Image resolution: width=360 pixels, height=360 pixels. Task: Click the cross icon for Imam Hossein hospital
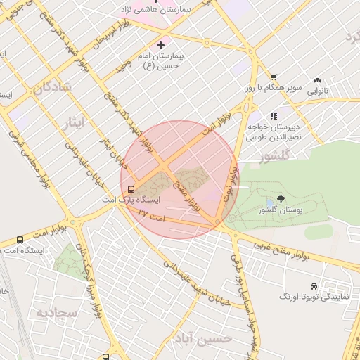[x=160, y=45]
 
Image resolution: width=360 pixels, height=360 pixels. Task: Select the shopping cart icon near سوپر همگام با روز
[x=274, y=77]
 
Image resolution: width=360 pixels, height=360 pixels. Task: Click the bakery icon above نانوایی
[x=318, y=81]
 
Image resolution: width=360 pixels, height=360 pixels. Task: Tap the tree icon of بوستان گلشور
[x=281, y=200]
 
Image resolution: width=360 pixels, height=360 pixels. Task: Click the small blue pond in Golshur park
[x=270, y=203]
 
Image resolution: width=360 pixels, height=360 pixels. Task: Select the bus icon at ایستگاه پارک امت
[x=130, y=188]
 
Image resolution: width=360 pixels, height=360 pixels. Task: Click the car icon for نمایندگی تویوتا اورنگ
[x=313, y=287]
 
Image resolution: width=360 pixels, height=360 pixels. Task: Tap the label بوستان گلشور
[x=279, y=210]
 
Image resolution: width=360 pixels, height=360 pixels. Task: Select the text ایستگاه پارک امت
[x=148, y=200]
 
